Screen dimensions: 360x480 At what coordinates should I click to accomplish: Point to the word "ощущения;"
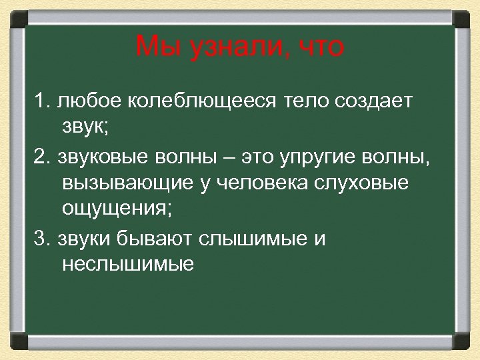point(117,211)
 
